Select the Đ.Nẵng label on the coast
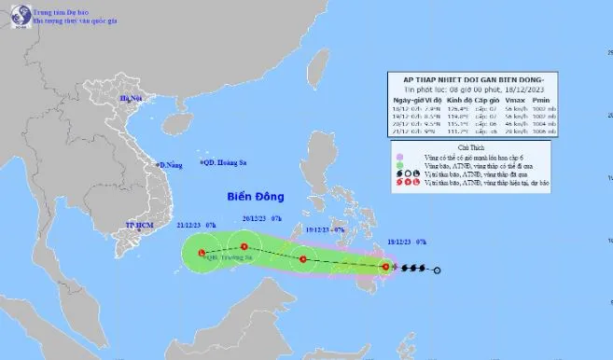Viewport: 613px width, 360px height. tap(169, 165)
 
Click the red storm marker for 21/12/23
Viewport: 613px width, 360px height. tap(201, 252)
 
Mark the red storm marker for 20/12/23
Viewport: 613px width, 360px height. tap(244, 246)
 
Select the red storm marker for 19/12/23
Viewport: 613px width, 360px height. tap(302, 259)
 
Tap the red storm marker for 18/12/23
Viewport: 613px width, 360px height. tap(385, 267)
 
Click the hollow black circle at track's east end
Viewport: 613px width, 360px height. tap(439, 271)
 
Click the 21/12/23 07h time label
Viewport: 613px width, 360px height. tap(195, 225)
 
